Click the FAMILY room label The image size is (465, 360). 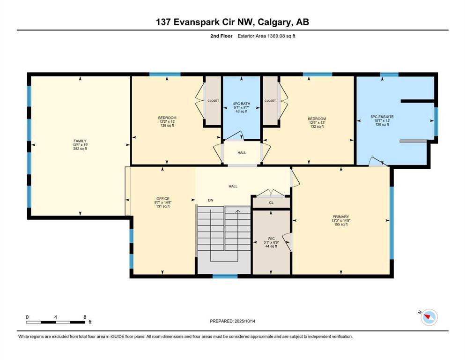tap(80, 141)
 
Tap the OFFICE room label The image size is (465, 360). tap(163, 199)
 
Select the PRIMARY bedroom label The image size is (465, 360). tap(341, 217)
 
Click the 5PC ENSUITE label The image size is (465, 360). tap(382, 117)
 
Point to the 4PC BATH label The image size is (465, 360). tap(241, 104)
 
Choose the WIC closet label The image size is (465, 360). tap(271, 239)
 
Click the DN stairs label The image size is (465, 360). tap(211, 200)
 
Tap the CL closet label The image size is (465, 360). tap(271, 202)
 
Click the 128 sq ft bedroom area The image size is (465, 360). tap(167, 126)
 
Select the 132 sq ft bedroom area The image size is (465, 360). tap(317, 127)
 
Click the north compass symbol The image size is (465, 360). tap(429, 317)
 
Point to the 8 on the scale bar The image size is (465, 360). tap(85, 317)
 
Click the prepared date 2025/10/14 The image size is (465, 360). tap(244, 321)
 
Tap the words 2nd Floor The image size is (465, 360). tap(221, 36)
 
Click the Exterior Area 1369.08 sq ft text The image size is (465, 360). tap(266, 36)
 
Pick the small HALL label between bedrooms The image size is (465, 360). tap(242, 153)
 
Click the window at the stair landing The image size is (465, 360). tap(225, 276)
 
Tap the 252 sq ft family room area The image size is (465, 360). tap(80, 149)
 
